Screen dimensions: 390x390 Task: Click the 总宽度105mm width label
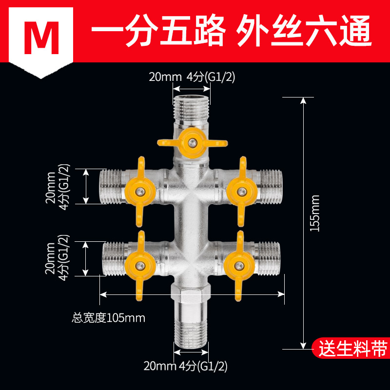click(109, 318)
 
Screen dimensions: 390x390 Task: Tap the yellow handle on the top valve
click(192, 142)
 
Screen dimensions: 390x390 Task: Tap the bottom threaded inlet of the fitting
click(192, 331)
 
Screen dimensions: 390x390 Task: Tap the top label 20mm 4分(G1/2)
click(192, 77)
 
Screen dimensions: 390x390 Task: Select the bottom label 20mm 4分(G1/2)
click(186, 365)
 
